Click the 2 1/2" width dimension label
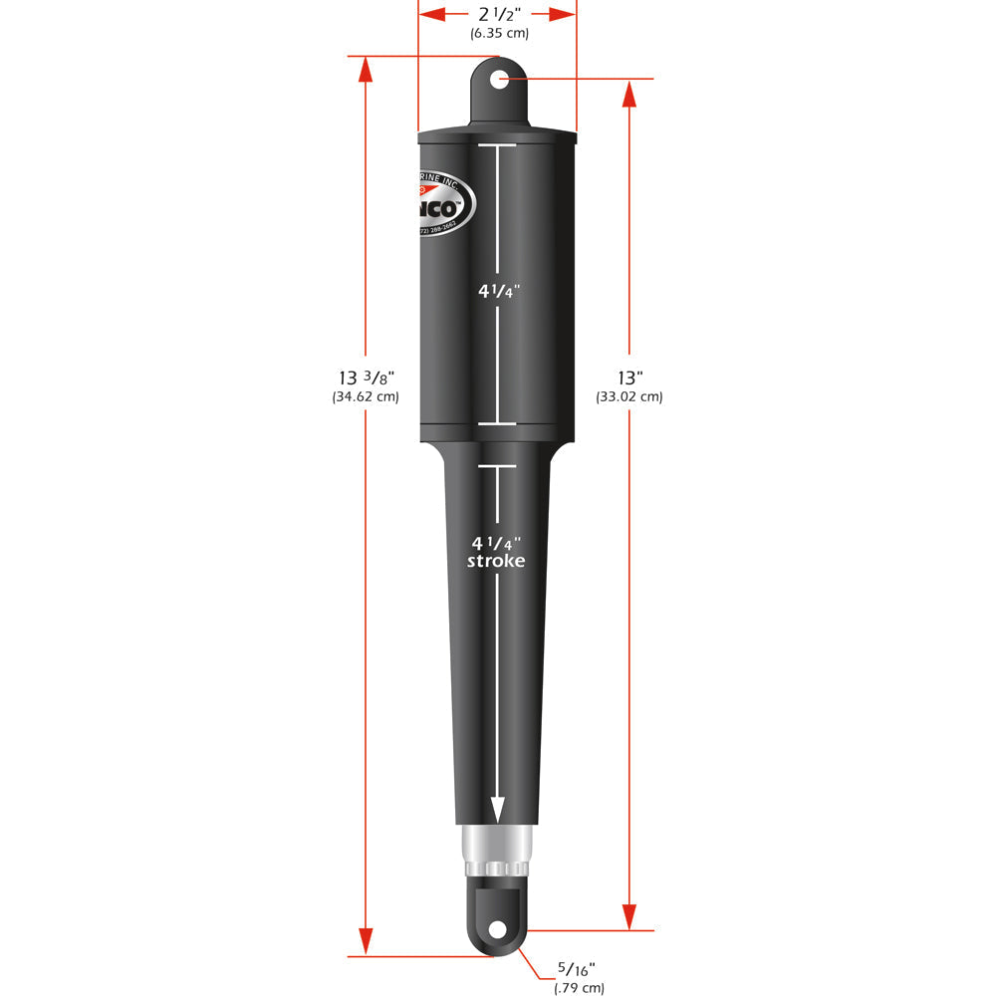coord(498,14)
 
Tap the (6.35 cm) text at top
coord(499,33)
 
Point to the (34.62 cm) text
coord(366,396)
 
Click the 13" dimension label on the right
coord(629,377)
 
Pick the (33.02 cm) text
coord(629,396)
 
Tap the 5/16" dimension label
coord(578,968)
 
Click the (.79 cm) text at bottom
coord(579,988)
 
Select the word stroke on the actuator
coord(498,562)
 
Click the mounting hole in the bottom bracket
coord(496,929)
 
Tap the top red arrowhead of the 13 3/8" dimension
coord(366,70)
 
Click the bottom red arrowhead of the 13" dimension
coord(628,916)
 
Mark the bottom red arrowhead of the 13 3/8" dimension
coord(366,941)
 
